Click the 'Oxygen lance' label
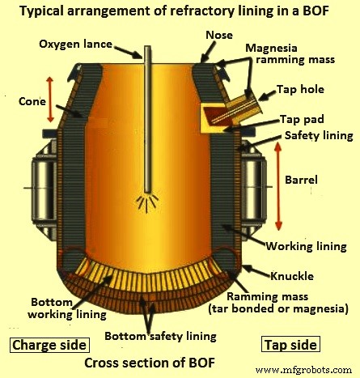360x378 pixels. (75, 45)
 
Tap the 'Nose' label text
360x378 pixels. (219, 35)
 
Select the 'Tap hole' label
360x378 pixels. (300, 89)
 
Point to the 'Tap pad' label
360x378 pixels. (302, 119)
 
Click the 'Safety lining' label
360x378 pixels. (319, 135)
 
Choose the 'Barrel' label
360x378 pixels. (301, 180)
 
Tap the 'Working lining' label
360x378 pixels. (307, 246)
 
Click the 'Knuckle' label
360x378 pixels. (292, 276)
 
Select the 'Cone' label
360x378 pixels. (32, 101)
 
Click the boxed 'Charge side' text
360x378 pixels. (49, 345)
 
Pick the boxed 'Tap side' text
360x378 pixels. (290, 345)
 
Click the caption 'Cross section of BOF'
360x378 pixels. (150, 363)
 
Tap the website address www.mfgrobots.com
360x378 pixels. (303, 370)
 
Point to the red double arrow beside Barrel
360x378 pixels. (278, 186)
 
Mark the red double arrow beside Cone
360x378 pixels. (50, 100)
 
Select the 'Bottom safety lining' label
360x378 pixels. (160, 336)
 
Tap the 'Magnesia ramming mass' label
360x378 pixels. (290, 53)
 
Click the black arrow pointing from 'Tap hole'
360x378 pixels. (267, 96)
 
